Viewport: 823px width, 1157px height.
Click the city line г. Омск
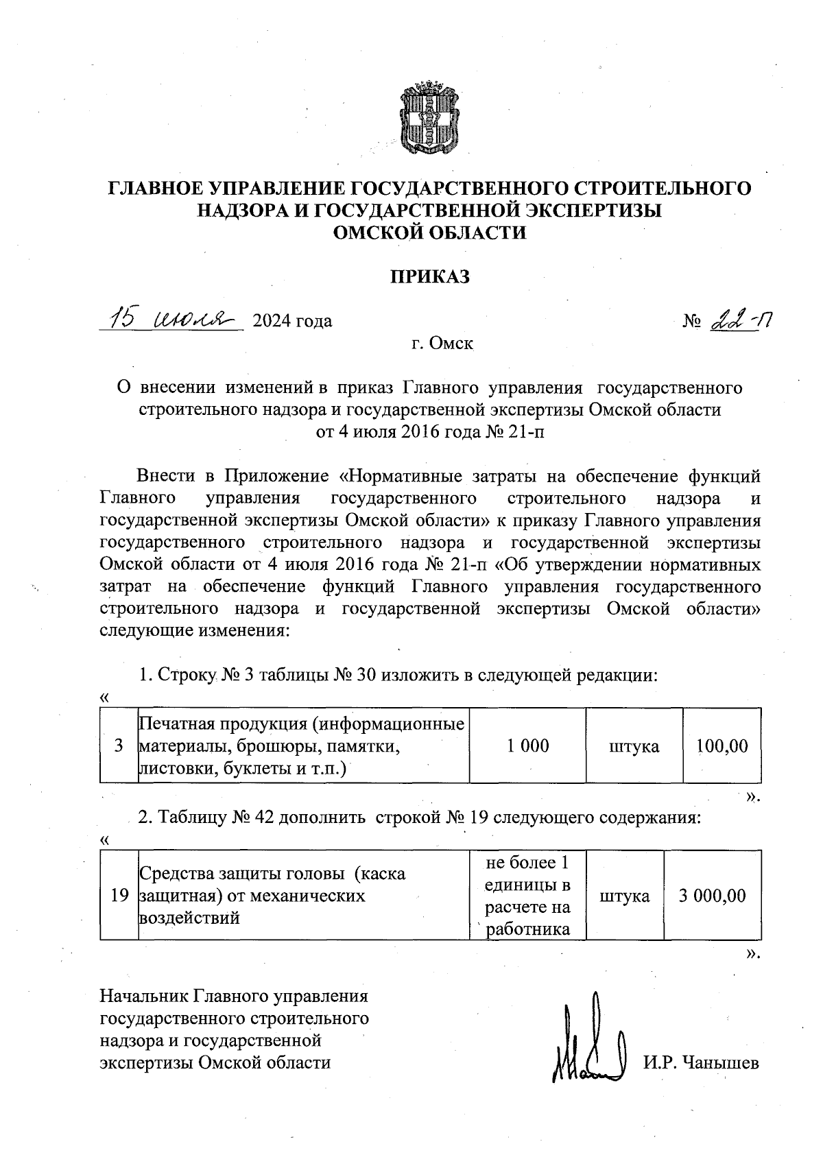pos(442,343)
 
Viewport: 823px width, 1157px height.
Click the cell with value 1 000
pos(527,746)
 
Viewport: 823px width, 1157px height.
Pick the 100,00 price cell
pos(722,746)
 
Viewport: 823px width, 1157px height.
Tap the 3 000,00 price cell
pos(712,895)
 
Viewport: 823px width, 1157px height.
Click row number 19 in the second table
pos(119,895)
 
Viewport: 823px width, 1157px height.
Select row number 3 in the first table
pos(119,746)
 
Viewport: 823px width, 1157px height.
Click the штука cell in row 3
pos(634,746)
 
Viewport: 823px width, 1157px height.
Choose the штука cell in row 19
pos(624,896)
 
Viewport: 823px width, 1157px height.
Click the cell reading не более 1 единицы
pos(527,895)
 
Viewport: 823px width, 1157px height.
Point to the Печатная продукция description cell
pos(302,746)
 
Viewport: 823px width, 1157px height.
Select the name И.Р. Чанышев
pos(701,1063)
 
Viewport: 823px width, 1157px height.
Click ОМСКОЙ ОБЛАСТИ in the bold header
pos(429,232)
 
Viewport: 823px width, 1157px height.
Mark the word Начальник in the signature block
pos(145,996)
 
